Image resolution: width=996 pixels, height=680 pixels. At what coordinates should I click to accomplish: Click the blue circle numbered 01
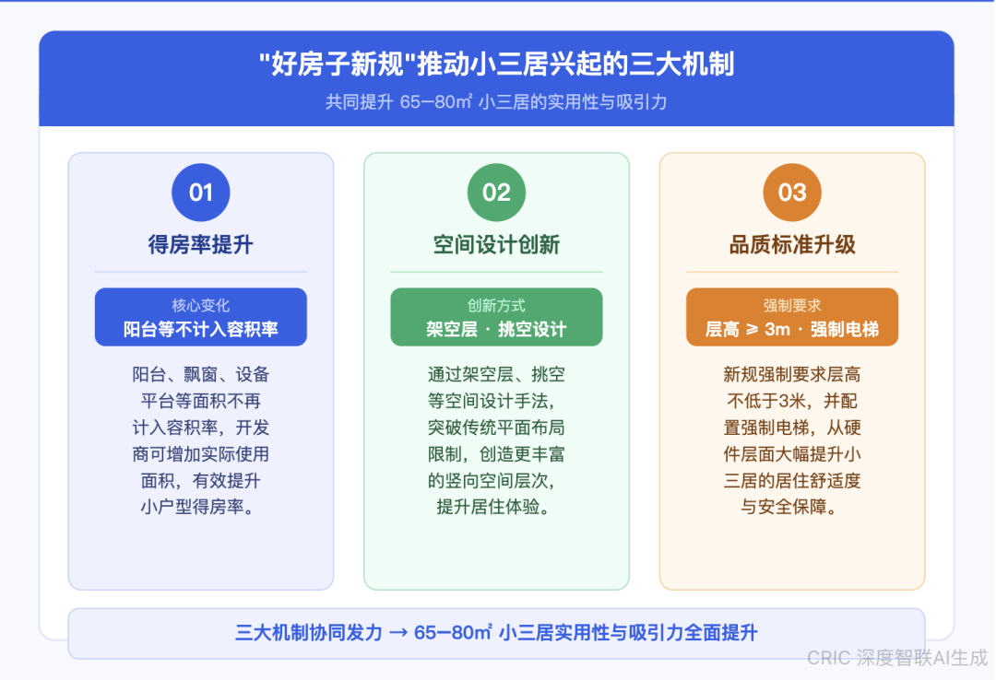[201, 193]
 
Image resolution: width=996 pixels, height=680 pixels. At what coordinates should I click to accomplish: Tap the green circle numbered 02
[497, 193]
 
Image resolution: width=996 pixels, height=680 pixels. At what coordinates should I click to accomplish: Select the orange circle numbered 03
[792, 193]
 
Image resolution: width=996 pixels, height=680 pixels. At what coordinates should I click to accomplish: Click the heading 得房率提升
[201, 244]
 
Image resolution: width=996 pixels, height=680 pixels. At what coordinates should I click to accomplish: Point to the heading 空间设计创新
[497, 244]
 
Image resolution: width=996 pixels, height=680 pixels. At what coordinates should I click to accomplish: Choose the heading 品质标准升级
[792, 244]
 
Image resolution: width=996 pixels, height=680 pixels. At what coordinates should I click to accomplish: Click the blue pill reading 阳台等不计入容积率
[201, 317]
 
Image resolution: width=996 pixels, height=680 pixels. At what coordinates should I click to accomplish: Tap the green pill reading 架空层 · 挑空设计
[497, 317]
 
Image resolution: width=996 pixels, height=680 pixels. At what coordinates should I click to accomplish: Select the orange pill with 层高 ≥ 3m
[792, 317]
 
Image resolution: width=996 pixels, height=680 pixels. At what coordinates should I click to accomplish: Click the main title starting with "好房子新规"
[497, 64]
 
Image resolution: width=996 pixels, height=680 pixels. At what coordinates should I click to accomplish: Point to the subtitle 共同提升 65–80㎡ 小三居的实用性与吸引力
[497, 101]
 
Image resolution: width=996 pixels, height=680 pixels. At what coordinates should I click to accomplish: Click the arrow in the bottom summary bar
[398, 633]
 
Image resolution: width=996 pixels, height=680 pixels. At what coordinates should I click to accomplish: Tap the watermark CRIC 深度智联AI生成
[897, 658]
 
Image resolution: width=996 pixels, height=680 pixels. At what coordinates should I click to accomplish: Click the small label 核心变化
[201, 305]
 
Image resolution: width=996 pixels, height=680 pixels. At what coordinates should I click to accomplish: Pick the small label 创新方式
[497, 305]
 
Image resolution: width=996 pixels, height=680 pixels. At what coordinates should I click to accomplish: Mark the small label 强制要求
[792, 305]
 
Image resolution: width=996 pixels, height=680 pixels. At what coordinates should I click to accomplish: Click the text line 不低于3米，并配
[792, 401]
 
